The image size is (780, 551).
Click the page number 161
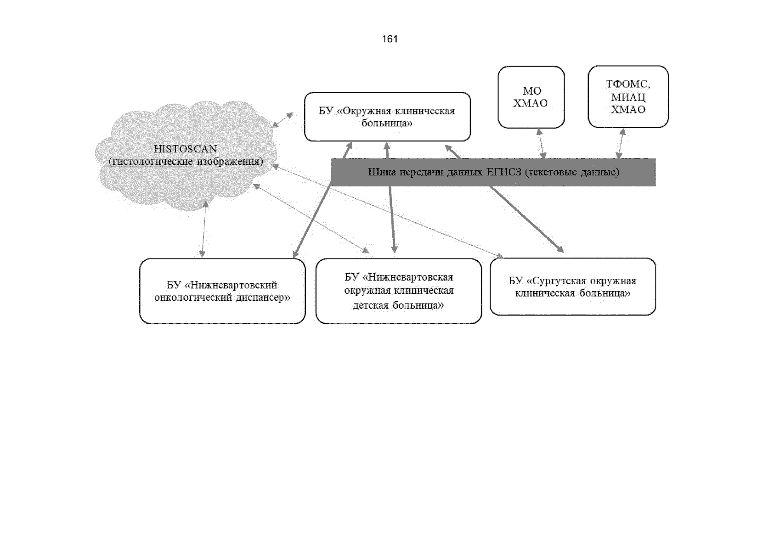point(390,39)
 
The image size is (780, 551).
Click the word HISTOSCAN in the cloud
point(185,149)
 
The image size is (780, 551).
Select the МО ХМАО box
point(531,97)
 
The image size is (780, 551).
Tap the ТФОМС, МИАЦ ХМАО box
point(628,97)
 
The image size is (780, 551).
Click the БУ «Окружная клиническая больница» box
point(387,117)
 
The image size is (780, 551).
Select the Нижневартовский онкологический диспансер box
point(222,291)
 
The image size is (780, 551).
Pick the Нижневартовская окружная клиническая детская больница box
point(398,291)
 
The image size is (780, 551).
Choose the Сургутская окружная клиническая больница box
point(572,287)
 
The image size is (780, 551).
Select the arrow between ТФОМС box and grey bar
point(621,143)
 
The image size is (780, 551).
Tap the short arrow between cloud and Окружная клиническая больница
point(282,120)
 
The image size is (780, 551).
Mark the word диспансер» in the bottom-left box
point(263,298)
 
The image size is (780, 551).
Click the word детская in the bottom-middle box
point(370,305)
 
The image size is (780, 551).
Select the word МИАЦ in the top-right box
point(628,97)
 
